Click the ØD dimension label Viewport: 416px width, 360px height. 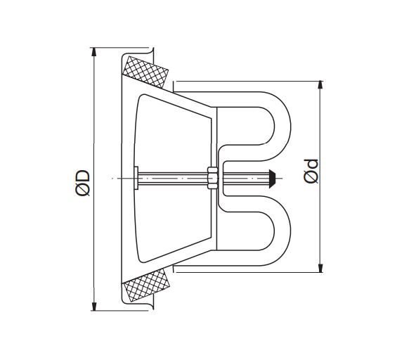tap(82, 184)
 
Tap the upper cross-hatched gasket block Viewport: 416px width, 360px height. tap(145, 72)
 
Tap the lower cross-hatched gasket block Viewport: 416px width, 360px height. tap(147, 284)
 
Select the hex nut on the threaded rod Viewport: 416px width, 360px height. tap(212, 178)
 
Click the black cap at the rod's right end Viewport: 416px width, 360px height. tap(272, 179)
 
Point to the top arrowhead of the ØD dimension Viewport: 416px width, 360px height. tap(93, 52)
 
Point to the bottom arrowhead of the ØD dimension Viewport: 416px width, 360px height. tap(93, 307)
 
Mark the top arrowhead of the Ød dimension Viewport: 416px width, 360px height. tap(320, 84)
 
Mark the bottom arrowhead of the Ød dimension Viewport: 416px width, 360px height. tap(320, 268)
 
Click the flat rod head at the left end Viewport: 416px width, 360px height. tap(136, 178)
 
